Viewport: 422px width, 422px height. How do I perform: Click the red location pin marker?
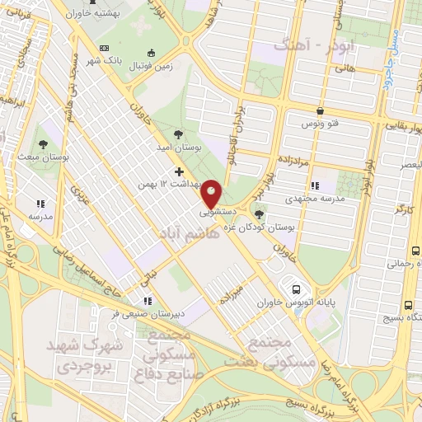(212, 193)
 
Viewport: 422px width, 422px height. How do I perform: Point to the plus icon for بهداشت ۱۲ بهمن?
(178, 171)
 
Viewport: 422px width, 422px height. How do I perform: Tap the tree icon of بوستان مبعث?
(45, 138)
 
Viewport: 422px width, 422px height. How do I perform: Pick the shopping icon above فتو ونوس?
(320, 110)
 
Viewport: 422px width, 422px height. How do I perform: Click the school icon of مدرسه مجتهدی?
(314, 186)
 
